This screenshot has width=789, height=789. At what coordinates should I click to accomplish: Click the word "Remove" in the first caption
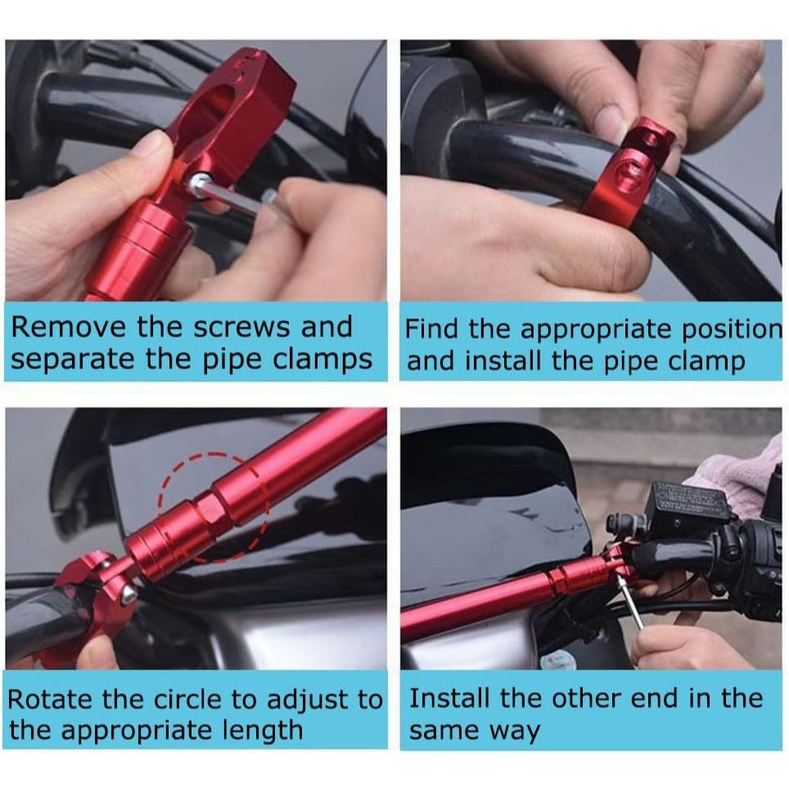pyautogui.click(x=69, y=327)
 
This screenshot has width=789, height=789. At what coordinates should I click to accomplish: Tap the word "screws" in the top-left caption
pyautogui.click(x=242, y=327)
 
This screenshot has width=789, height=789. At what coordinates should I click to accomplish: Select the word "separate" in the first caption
pyautogui.click(x=73, y=360)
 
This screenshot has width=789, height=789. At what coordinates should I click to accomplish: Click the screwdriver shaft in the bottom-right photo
pyautogui.click(x=631, y=602)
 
